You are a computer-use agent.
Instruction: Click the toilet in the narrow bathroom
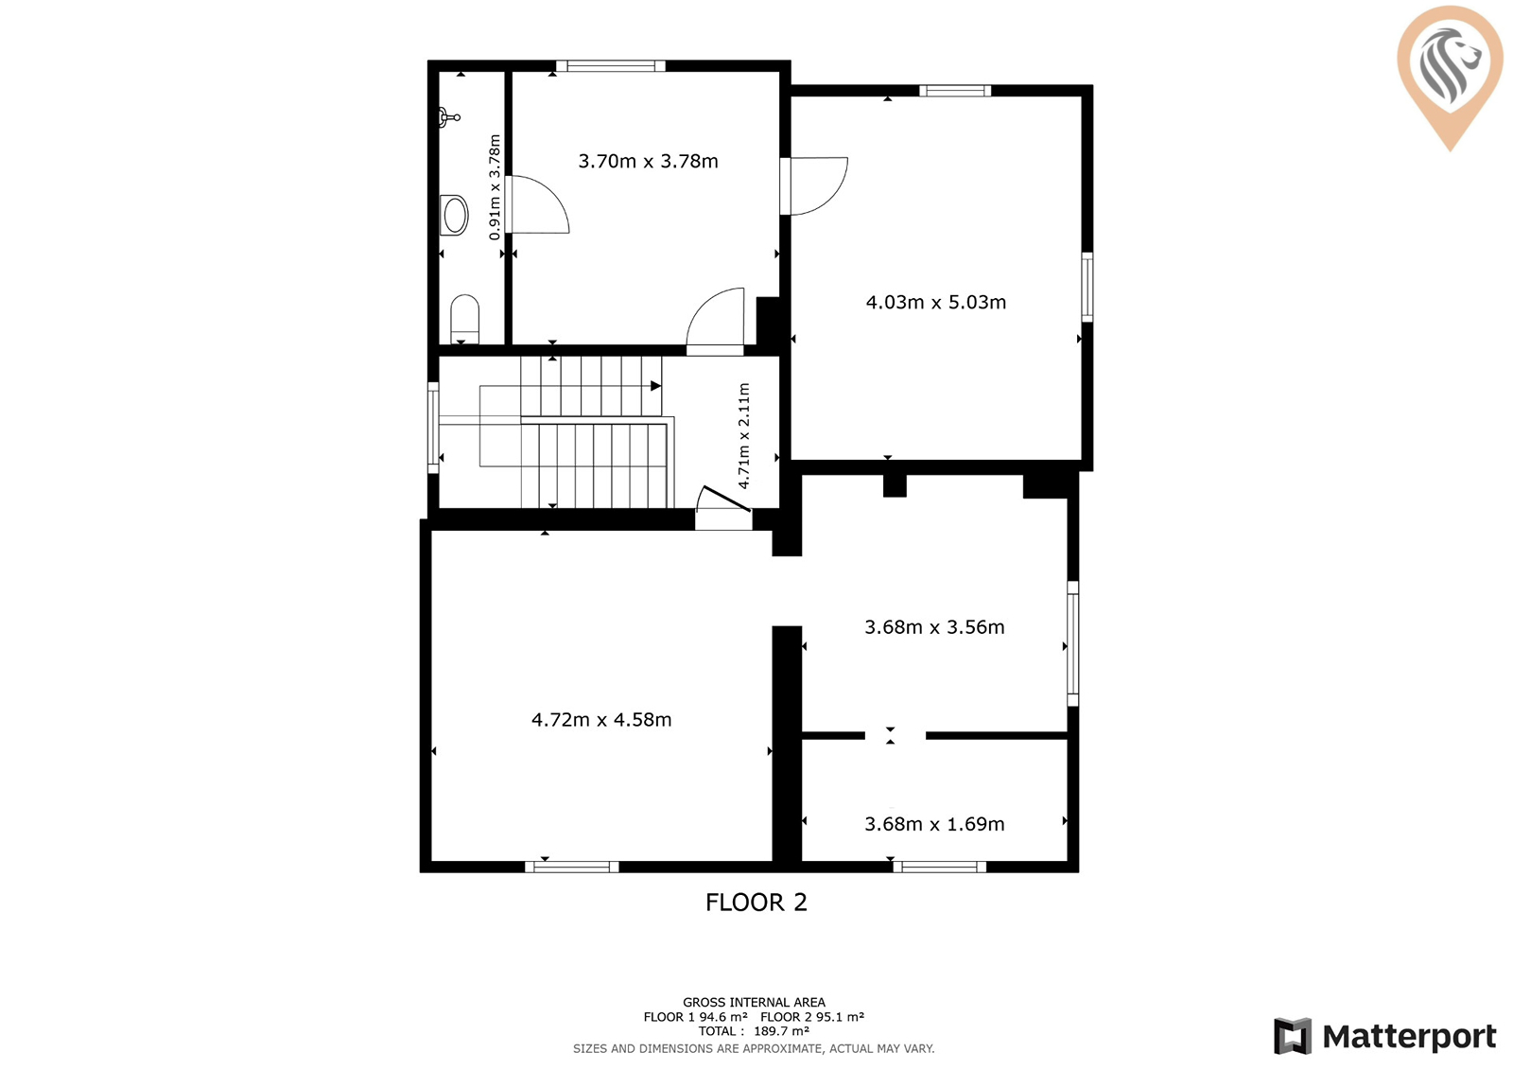tap(464, 319)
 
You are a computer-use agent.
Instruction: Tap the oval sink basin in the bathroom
tap(455, 215)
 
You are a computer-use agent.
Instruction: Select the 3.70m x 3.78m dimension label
tap(648, 162)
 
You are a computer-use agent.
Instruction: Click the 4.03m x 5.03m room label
tap(935, 302)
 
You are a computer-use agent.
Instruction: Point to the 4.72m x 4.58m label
tap(601, 720)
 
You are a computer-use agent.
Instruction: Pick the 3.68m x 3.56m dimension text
tap(934, 627)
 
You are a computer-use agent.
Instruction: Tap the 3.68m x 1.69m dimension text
tap(934, 824)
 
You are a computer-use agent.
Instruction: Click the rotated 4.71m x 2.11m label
tap(743, 436)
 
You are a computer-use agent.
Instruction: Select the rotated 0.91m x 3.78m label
tap(495, 187)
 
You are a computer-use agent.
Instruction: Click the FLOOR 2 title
tap(756, 903)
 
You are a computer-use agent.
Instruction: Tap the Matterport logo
tap(1385, 1036)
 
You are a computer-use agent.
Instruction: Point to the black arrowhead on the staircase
tap(655, 386)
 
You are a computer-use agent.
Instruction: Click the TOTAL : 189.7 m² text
tap(754, 1031)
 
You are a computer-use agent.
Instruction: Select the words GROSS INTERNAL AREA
tap(754, 1003)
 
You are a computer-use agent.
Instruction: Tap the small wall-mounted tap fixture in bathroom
tap(449, 117)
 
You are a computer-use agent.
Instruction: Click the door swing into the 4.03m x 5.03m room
tap(819, 185)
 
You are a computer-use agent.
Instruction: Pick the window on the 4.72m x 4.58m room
tap(571, 868)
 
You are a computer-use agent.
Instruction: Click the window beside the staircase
tap(433, 428)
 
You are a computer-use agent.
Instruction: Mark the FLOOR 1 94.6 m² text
tap(695, 1017)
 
